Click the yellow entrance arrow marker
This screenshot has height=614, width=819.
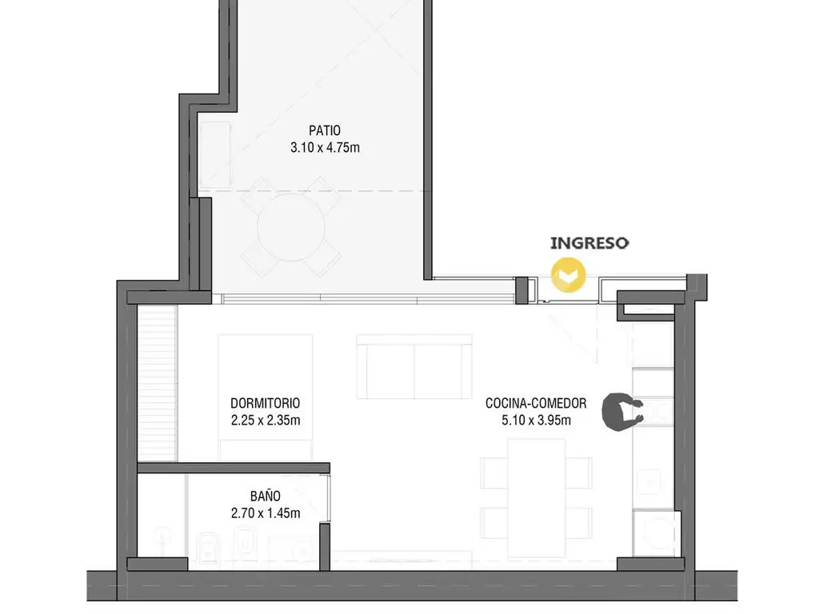point(569,274)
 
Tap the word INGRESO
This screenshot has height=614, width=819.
point(589,243)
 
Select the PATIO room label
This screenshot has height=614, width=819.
point(325,130)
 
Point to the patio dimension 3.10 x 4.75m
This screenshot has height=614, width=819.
point(325,147)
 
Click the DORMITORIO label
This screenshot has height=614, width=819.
point(266,403)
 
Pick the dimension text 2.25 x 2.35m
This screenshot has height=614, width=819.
point(266,420)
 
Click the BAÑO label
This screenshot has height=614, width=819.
point(266,496)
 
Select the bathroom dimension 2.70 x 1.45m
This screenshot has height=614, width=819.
point(266,512)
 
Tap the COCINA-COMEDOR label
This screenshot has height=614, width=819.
point(536,403)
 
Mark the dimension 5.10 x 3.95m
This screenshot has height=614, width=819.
point(536,420)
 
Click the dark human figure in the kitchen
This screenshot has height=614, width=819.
point(621,412)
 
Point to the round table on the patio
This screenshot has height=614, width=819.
point(291,226)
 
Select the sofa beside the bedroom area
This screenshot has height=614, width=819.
point(414,366)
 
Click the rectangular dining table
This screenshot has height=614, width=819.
point(537,498)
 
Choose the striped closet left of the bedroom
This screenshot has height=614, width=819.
point(158,383)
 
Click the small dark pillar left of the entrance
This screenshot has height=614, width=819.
point(521,289)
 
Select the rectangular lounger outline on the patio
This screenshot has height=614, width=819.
point(215,155)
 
